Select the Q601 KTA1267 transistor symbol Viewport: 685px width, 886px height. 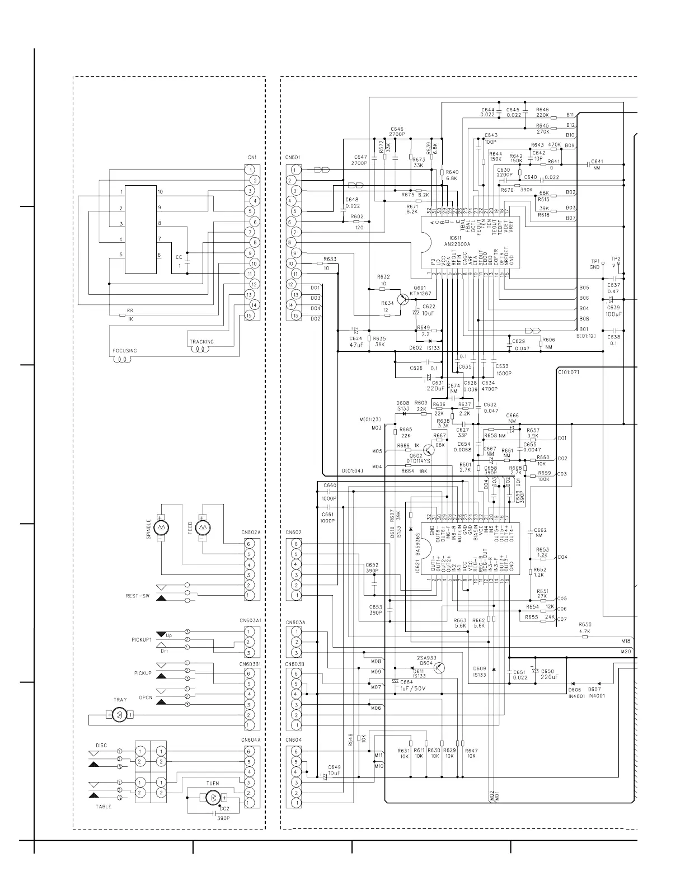[402, 299]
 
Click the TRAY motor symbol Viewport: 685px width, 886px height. [119, 714]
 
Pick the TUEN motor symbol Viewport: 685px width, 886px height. [213, 797]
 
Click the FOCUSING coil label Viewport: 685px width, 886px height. [124, 351]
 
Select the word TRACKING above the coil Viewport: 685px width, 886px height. [201, 342]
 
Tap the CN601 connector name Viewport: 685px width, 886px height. [293, 157]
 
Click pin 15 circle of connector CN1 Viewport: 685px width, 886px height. [250, 315]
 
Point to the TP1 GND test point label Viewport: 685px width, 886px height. [595, 264]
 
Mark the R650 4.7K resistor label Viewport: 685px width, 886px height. [585, 628]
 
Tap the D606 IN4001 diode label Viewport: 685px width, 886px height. [576, 692]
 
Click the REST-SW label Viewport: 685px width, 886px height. [137, 596]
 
